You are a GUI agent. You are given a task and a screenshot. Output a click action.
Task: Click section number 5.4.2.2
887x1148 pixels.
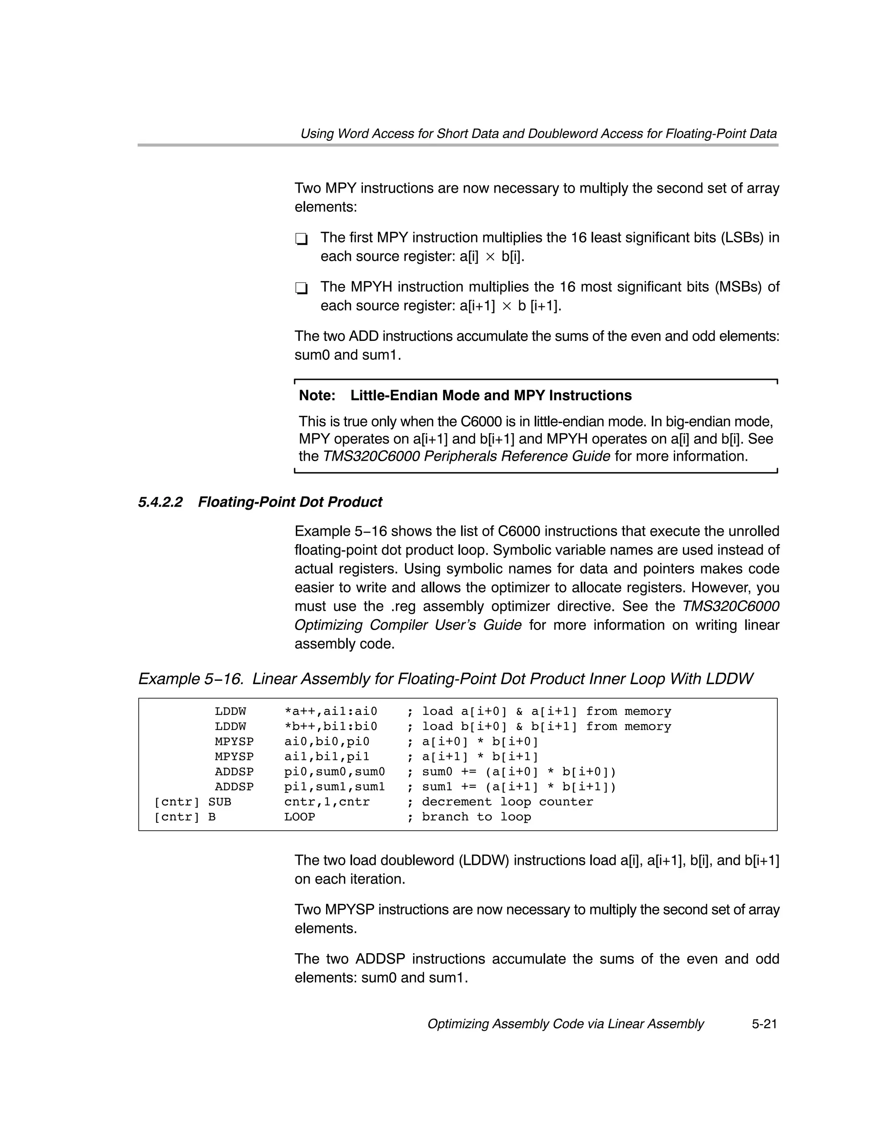160,502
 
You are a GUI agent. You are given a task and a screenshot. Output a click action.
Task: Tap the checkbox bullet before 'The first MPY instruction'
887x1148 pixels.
301,239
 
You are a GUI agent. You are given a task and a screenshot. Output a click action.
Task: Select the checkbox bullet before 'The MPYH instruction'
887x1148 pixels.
301,288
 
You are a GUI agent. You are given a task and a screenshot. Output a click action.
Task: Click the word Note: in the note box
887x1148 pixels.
317,395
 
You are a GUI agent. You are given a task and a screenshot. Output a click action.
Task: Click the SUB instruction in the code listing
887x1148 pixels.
220,802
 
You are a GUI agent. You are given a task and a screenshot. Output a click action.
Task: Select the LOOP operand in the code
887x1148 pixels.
299,817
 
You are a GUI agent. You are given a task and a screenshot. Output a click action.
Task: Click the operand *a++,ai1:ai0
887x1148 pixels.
331,711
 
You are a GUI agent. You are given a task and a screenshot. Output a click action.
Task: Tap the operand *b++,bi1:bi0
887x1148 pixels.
331,727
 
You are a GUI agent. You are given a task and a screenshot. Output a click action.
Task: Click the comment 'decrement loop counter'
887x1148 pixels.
507,802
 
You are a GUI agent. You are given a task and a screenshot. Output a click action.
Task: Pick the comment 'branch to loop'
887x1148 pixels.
476,817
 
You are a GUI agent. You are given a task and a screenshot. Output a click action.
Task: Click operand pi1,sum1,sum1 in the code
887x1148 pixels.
334,787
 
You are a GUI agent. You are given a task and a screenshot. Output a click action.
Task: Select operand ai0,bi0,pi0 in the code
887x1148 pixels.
327,742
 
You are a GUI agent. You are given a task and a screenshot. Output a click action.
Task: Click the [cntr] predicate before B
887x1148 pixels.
177,817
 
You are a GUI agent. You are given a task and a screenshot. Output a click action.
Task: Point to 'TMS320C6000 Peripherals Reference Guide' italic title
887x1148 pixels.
466,456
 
